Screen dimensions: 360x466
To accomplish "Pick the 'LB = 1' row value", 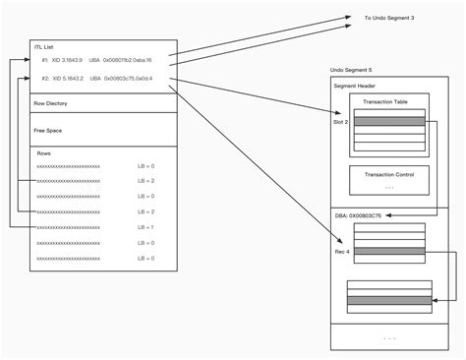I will [146, 227].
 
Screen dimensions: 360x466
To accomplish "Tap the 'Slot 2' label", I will [341, 122].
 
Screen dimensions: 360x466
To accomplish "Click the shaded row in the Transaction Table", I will [388, 122].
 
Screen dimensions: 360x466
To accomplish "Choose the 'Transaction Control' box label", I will [388, 174].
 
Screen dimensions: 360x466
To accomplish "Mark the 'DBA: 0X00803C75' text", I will [360, 214].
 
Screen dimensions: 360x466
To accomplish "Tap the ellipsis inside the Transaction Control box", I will [388, 186].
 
